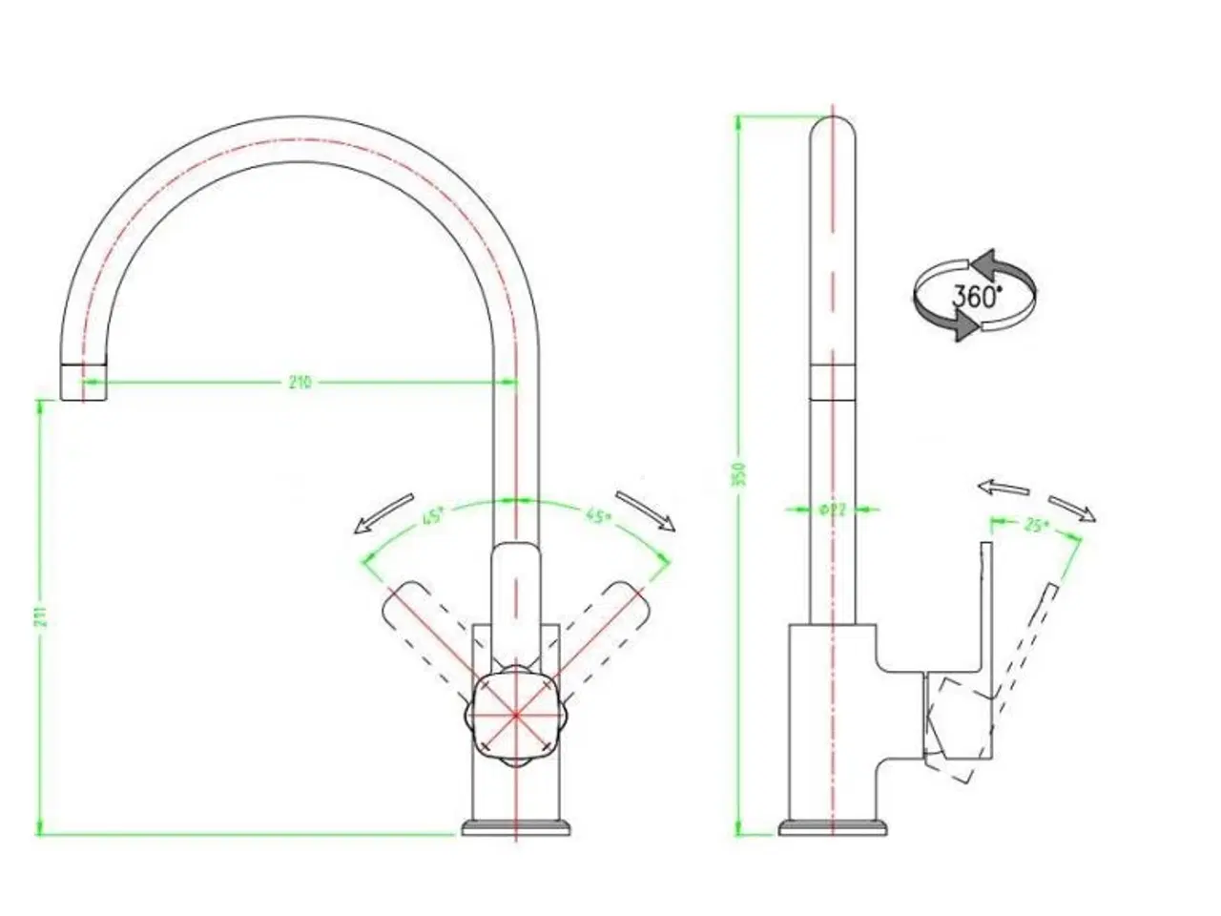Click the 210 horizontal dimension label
tap(300, 383)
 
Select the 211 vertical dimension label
tap(40, 617)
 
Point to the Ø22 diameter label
tap(832, 510)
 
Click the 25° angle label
tap(1034, 525)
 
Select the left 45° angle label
tap(434, 518)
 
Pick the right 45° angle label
tap(598, 518)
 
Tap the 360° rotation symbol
tap(974, 295)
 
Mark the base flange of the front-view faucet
tap(516, 826)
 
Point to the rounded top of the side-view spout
tap(833, 129)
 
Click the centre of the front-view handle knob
tap(515, 714)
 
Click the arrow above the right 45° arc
tap(646, 510)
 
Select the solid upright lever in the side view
tap(986, 611)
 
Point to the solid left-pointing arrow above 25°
tap(1003, 488)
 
